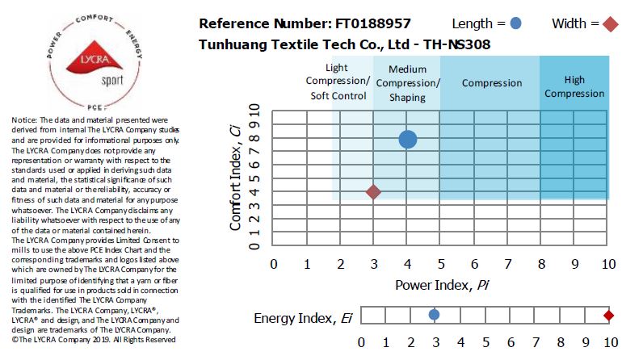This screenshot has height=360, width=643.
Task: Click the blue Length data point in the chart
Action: pyautogui.click(x=408, y=139)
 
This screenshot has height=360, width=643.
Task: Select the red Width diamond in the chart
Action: pyautogui.click(x=373, y=192)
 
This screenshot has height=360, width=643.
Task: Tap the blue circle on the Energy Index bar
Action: pyautogui.click(x=434, y=315)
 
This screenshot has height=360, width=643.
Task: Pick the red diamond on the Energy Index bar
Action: pyautogui.click(x=609, y=315)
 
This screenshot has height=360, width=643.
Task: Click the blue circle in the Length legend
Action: pyautogui.click(x=516, y=23)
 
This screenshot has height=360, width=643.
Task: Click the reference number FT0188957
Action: pyautogui.click(x=364, y=23)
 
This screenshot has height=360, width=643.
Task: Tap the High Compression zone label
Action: pyautogui.click(x=574, y=86)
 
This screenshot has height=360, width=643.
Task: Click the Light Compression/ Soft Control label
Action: pyautogui.click(x=338, y=82)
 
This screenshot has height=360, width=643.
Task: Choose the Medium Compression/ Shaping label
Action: pyautogui.click(x=408, y=83)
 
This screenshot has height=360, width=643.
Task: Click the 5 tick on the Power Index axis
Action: pyautogui.click(x=441, y=264)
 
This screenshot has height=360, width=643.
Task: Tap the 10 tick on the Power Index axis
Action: pyautogui.click(x=608, y=264)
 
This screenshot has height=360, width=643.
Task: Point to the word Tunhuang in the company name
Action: pyautogui.click(x=233, y=44)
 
